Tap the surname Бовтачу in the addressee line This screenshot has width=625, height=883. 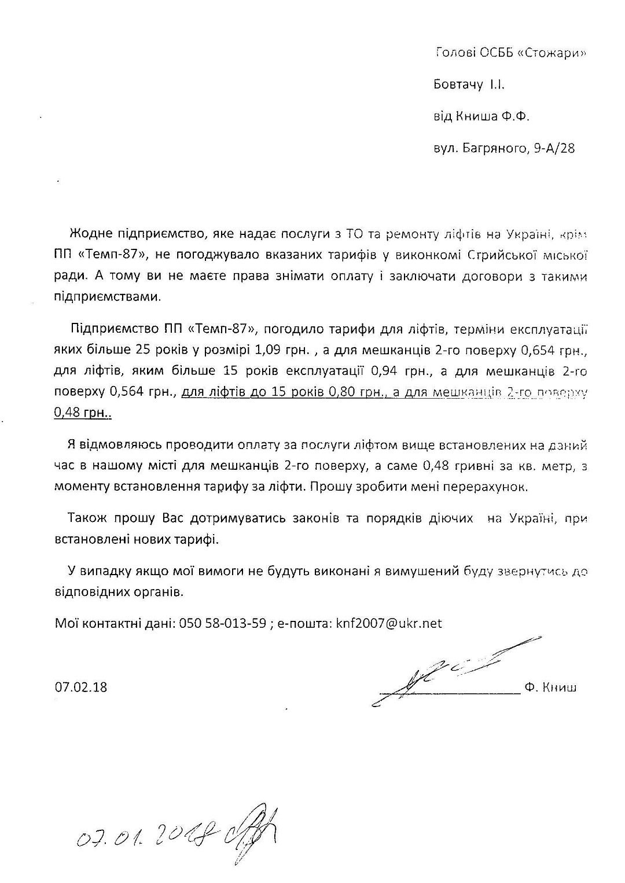pos(458,85)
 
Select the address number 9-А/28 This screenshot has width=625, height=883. pos(555,149)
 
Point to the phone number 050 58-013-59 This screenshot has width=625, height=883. pos(223,623)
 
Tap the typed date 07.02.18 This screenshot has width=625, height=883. pos(82,687)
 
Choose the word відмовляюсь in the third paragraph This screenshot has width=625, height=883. pos(119,445)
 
